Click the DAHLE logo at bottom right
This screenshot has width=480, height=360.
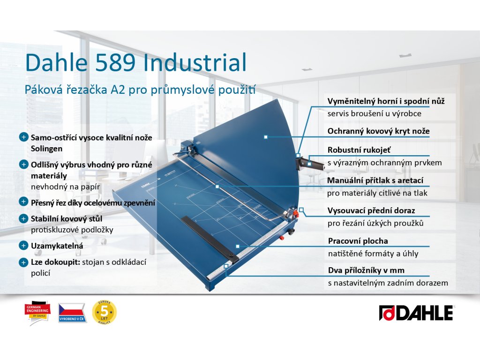pyautogui.click(x=416, y=313)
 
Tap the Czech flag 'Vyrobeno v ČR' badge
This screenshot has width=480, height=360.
pyautogui.click(x=71, y=313)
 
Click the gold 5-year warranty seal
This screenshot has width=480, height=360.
pyautogui.click(x=105, y=311)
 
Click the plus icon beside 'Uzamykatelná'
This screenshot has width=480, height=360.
pyautogui.click(x=23, y=245)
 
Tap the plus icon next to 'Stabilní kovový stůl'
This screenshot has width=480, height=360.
pyautogui.click(x=23, y=218)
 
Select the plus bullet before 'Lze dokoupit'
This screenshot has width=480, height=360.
pyautogui.click(x=23, y=262)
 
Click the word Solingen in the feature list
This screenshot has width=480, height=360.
pyautogui.click(x=46, y=149)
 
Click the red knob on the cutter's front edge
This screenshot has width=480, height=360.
pyautogui.click(x=282, y=238)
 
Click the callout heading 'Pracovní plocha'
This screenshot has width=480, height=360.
pyautogui.click(x=358, y=241)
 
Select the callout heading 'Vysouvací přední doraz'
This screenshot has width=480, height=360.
pyautogui.click(x=371, y=210)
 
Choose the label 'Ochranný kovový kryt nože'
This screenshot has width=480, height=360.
pyautogui.click(x=378, y=131)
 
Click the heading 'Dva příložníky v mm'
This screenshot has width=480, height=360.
pyautogui.click(x=366, y=270)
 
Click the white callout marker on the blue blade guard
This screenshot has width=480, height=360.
pyautogui.click(x=266, y=137)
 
